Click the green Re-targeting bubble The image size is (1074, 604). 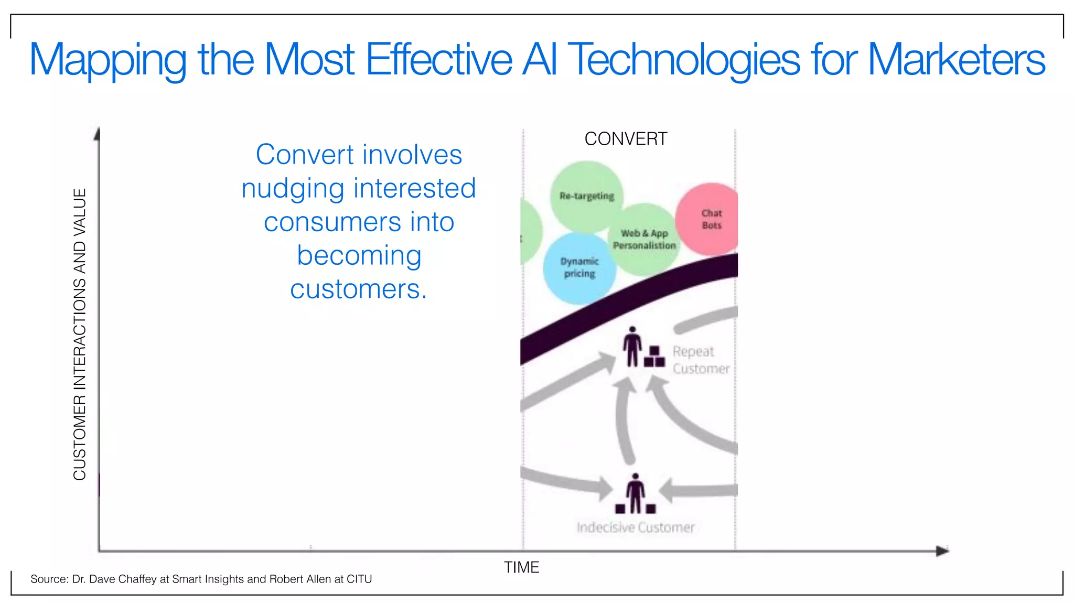coord(586,196)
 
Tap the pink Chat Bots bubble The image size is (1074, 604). coord(708,219)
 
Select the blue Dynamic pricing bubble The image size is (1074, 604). coord(579,268)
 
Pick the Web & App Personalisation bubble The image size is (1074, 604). coord(645,240)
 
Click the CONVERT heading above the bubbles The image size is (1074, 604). coord(626,139)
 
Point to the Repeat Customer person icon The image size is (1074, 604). coord(633,347)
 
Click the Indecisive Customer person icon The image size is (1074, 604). coord(636,493)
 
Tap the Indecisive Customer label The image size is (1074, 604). coord(636,527)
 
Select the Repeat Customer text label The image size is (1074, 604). coord(700,360)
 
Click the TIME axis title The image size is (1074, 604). coord(521,567)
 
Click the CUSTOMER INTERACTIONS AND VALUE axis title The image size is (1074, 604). coord(80,334)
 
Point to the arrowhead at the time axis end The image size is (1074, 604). coord(942,551)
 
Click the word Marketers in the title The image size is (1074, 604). coord(956,60)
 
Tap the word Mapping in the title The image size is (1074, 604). coord(108,60)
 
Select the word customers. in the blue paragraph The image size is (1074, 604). coord(359,289)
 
